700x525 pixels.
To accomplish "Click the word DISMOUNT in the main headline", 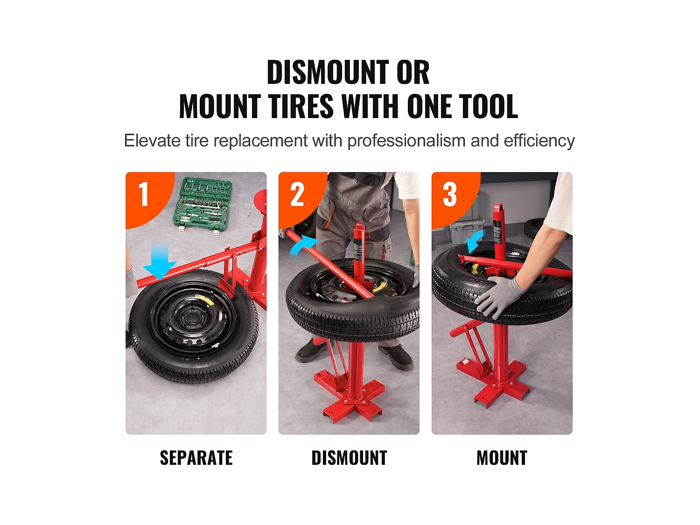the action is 328,72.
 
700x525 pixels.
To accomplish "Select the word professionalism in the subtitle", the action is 406,141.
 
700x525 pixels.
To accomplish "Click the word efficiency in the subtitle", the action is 539,141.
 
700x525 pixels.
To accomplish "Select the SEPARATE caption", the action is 196,458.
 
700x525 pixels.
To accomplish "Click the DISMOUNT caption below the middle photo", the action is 349,458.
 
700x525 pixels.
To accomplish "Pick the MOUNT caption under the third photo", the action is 502,458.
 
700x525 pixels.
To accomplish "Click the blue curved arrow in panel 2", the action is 303,246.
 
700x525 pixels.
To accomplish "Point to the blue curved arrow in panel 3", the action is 475,241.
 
